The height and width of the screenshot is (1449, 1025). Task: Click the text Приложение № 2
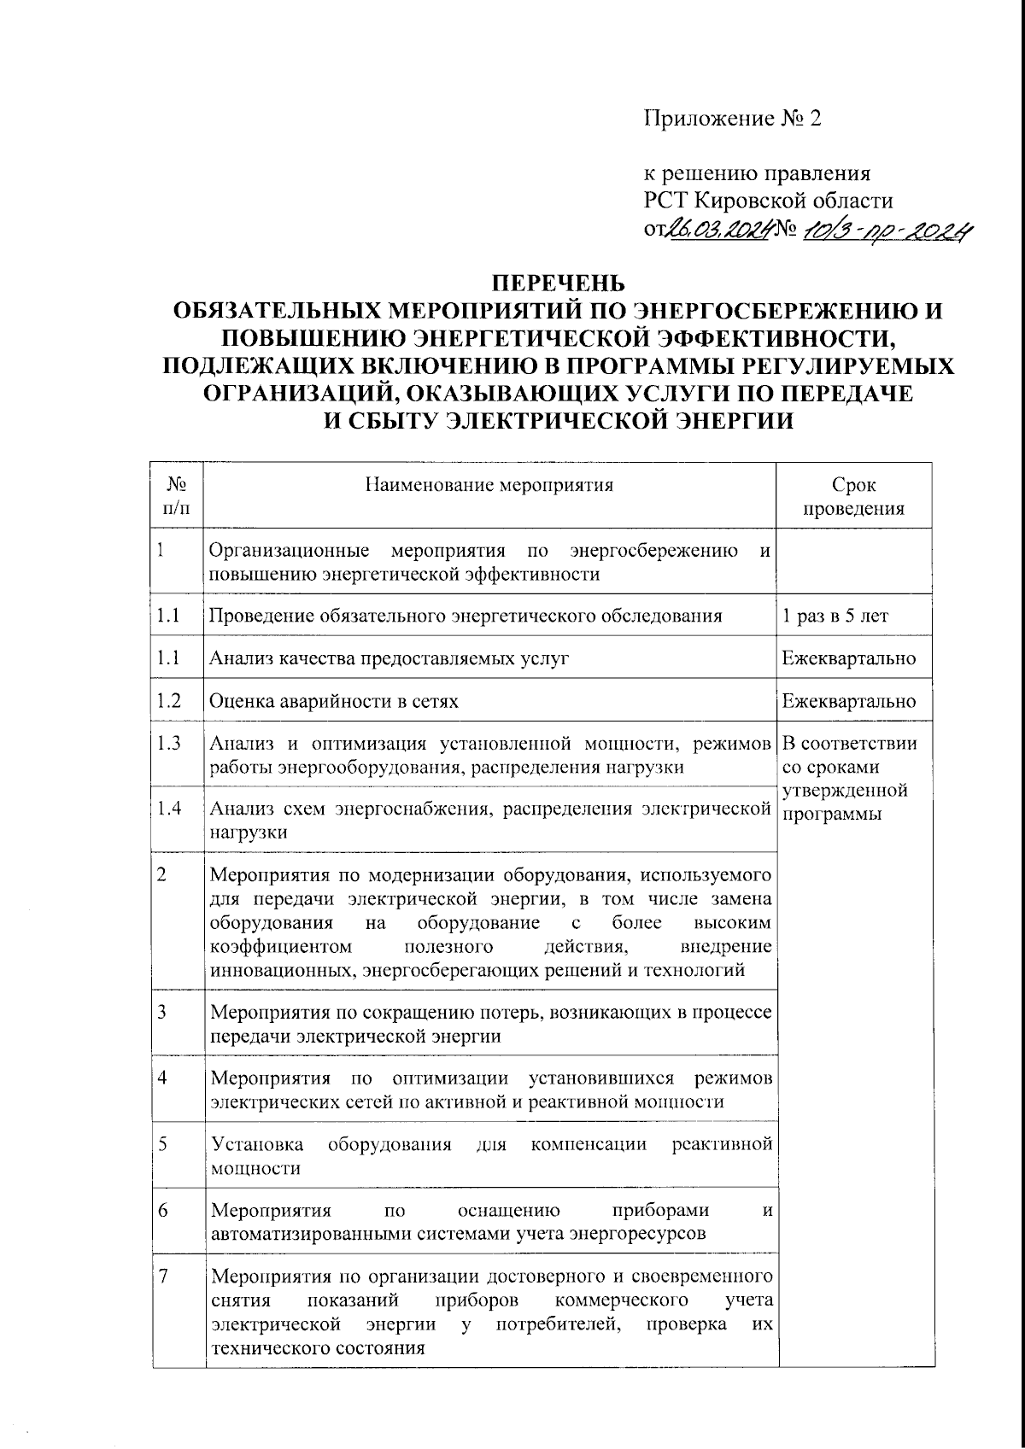(731, 119)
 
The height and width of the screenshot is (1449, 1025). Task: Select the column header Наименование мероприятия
(489, 486)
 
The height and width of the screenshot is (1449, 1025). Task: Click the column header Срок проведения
(853, 497)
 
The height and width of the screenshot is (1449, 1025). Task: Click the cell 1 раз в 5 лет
(835, 616)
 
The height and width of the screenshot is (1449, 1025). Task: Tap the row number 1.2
(169, 701)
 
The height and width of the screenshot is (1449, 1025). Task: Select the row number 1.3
(169, 743)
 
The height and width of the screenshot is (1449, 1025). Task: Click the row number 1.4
(169, 808)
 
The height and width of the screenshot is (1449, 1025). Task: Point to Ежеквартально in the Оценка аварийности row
(849, 701)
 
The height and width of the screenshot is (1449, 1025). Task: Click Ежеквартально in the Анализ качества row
(849, 658)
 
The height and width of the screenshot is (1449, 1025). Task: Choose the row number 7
(163, 1276)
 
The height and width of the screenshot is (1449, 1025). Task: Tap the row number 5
(162, 1143)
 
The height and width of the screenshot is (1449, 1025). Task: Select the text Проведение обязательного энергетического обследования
(466, 616)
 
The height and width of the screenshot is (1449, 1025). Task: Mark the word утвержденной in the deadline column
(844, 791)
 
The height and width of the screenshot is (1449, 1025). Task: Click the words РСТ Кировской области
(768, 202)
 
